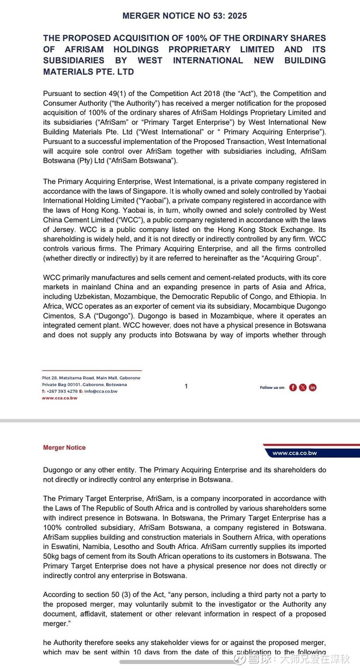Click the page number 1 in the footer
tap(186, 386)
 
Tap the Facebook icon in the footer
tap(293, 387)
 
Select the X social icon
tap(303, 387)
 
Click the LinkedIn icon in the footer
tap(313, 387)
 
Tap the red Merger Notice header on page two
tap(64, 447)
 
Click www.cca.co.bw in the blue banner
tap(295, 453)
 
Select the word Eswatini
tap(67, 547)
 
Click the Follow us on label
tap(272, 387)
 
